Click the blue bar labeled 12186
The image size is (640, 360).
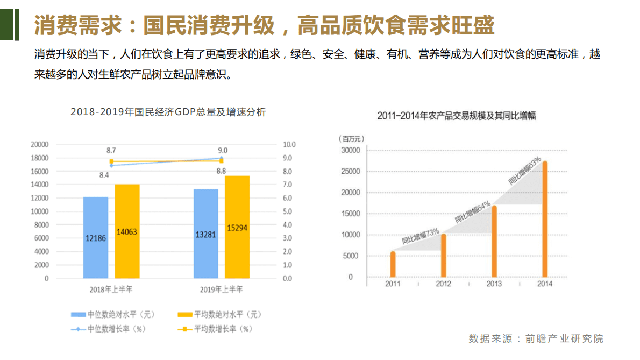point(96,237)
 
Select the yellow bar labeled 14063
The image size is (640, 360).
point(127,231)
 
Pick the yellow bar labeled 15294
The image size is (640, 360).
point(237,227)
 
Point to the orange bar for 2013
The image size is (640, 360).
point(494,242)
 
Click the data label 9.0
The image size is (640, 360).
point(222,150)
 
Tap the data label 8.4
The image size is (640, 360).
point(104,175)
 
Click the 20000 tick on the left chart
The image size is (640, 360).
point(40,145)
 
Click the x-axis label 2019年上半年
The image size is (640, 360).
point(222,290)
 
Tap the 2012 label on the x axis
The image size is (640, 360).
point(443,284)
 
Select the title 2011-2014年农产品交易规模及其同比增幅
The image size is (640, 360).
point(457,116)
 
